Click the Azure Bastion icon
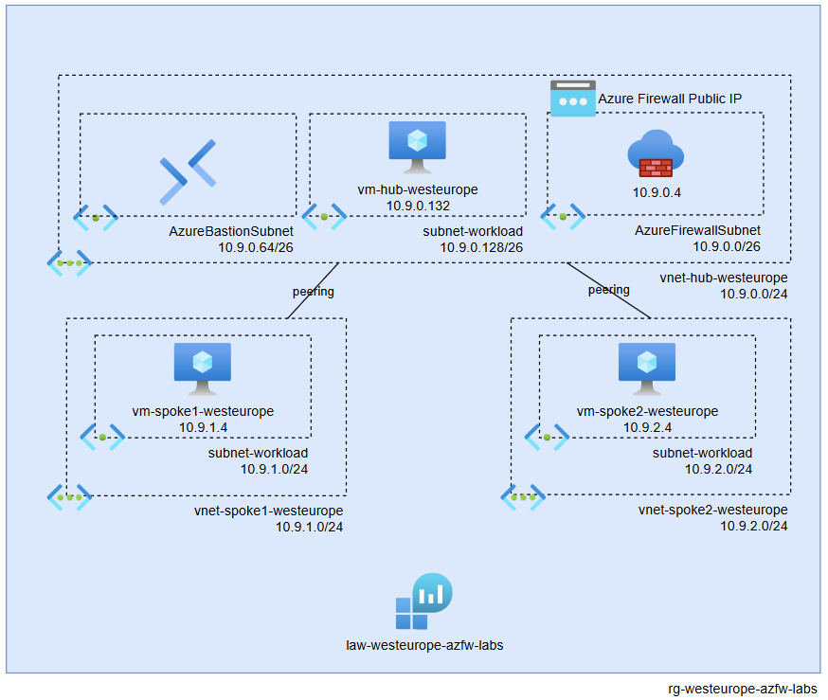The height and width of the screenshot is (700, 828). (x=188, y=172)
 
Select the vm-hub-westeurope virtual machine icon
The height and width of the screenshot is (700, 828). (x=417, y=147)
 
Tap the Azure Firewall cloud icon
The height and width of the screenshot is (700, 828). (x=655, y=156)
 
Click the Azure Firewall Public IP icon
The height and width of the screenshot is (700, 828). (x=573, y=99)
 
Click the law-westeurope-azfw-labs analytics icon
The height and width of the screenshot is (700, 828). (x=423, y=601)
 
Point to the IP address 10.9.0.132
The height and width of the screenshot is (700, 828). (x=417, y=206)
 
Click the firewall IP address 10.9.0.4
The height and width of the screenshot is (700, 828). (x=657, y=192)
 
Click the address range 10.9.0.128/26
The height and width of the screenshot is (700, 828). (x=481, y=246)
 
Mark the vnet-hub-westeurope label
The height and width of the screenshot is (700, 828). (x=724, y=278)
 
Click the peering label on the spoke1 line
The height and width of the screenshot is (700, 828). (x=313, y=292)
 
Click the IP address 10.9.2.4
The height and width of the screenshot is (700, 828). (x=647, y=427)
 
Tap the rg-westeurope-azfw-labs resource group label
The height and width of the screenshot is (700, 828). (x=743, y=689)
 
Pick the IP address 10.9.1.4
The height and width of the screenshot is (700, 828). (x=203, y=427)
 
